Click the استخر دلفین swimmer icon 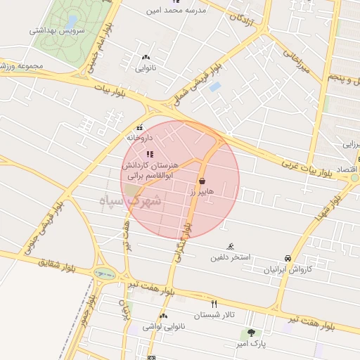tap(231, 247)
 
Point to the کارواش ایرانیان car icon tap(288, 259)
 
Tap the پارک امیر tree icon tap(251, 333)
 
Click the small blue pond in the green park tap(72, 21)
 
